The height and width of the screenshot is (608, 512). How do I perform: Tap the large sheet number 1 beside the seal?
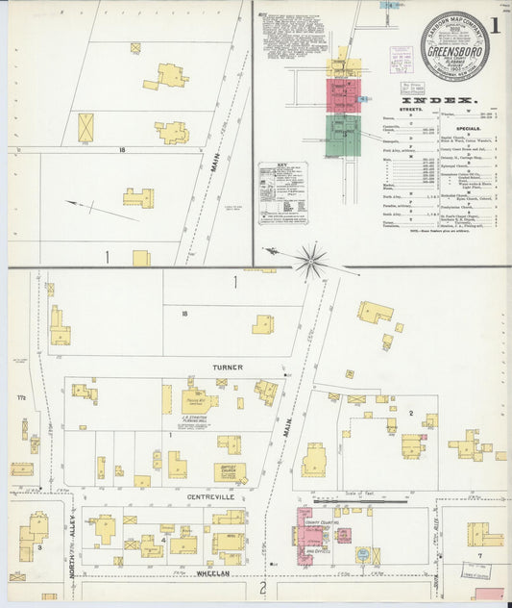[494, 26]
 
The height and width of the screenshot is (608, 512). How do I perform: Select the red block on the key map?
[343, 96]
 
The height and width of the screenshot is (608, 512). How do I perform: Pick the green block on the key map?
[343, 135]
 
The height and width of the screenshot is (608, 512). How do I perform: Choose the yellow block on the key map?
[341, 67]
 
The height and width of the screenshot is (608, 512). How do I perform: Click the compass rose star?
[310, 257]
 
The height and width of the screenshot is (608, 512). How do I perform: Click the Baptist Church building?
[230, 472]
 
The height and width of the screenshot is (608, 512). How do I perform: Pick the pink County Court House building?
[311, 530]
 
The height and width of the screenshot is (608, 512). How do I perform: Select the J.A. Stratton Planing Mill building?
[198, 401]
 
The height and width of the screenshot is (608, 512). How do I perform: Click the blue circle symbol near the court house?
[362, 555]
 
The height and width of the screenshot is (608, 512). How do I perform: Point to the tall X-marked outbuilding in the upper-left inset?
[85, 127]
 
